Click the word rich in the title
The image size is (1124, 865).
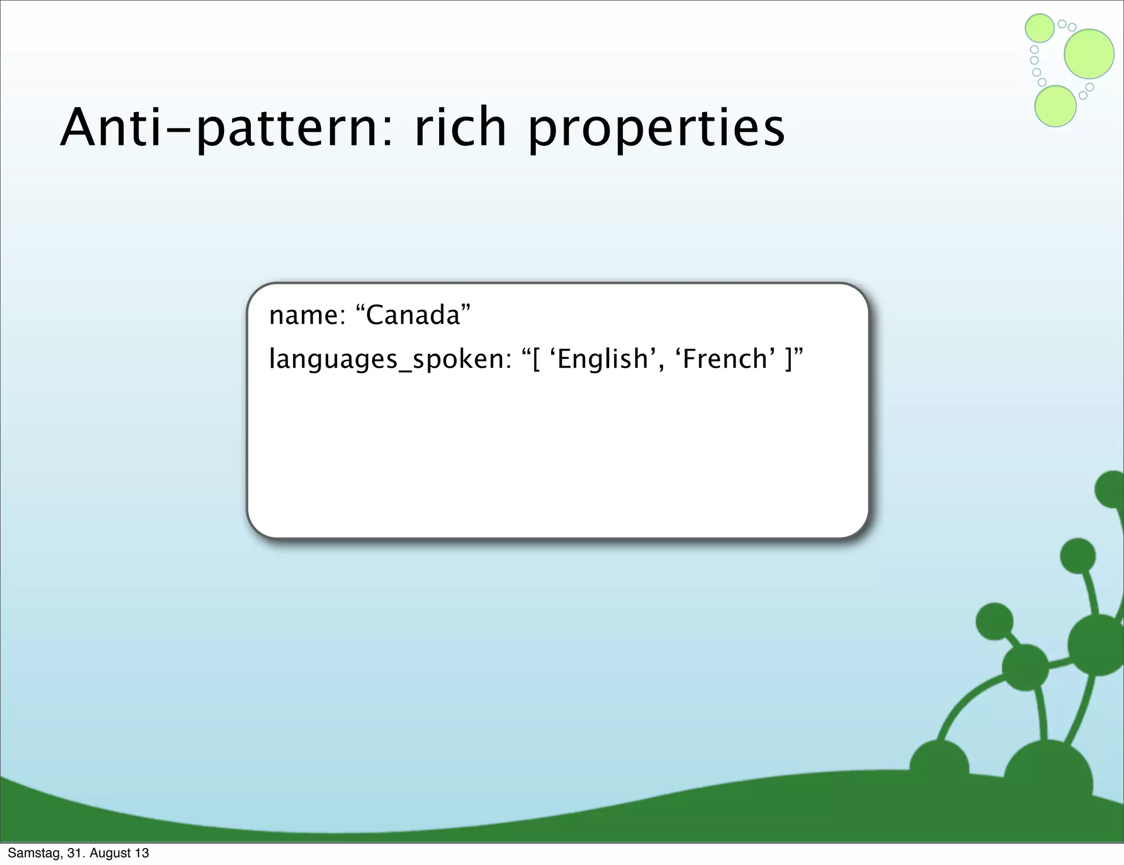point(460,128)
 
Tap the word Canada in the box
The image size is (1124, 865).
point(413,316)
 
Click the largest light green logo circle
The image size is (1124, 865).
point(1089,54)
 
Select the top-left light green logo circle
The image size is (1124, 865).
point(1039,28)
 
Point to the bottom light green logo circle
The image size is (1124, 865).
point(1055,106)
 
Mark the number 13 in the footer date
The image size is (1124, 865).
point(142,853)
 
